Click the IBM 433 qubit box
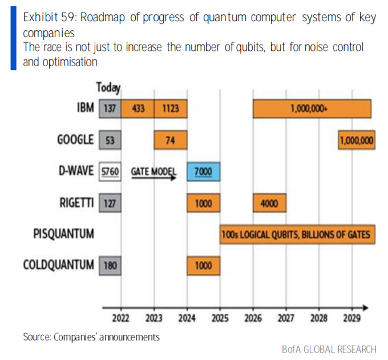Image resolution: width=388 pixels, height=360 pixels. click(138, 108)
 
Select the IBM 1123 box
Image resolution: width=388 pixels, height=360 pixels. click(170, 108)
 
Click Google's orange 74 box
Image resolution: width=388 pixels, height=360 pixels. click(170, 140)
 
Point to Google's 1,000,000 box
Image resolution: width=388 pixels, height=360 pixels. click(357, 140)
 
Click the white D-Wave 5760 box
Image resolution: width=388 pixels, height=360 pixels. click(110, 172)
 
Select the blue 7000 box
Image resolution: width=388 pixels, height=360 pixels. click(204, 172)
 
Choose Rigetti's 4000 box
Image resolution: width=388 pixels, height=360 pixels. click(270, 204)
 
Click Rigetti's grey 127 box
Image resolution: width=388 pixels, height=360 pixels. click(110, 204)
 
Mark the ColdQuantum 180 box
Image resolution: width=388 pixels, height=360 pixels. click(110, 266)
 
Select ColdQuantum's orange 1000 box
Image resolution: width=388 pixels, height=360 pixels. click(204, 266)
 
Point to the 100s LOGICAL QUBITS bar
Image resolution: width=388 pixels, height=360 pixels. click(297, 234)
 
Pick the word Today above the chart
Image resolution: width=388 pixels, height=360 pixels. click(108, 88)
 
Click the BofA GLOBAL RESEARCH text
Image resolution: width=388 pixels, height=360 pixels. click(329, 349)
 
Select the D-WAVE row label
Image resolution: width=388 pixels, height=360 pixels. click(75, 172)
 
